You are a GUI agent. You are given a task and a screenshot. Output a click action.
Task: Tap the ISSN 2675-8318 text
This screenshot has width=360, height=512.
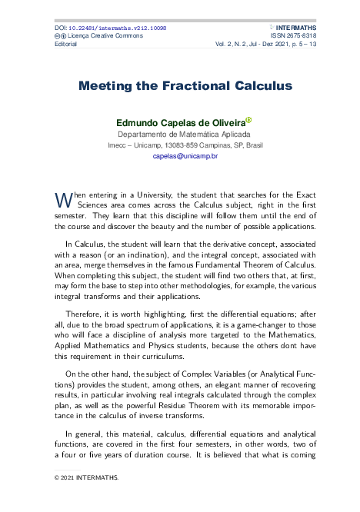pos(294,36)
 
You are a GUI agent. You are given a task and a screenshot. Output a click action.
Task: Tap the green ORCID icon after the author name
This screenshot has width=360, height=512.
pos(248,120)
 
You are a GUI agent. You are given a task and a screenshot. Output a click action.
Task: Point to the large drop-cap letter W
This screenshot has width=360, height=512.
pos(62,200)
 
